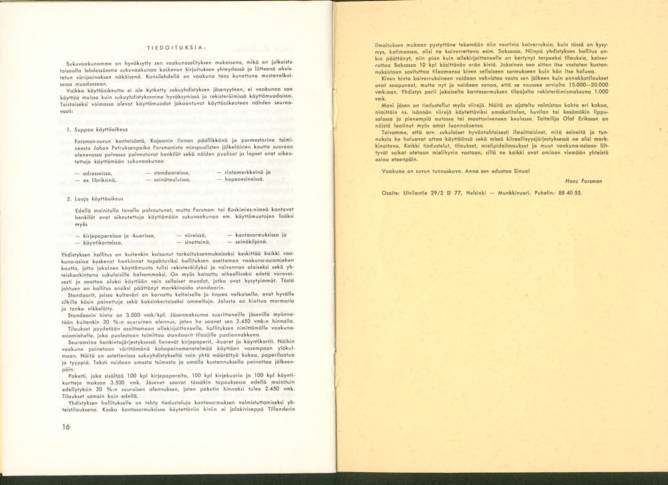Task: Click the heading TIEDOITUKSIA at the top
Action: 176,46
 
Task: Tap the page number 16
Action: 65,428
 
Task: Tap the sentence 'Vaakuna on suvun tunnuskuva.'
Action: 411,170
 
